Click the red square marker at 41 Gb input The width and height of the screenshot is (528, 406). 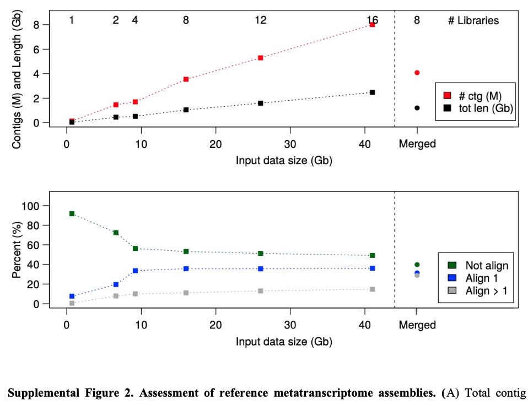coord(373,24)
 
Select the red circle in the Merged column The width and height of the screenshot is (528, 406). coord(417,73)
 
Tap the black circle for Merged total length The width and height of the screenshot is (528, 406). coord(417,108)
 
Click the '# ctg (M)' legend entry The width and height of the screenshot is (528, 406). coord(473,95)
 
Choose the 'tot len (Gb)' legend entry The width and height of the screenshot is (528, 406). coord(473,109)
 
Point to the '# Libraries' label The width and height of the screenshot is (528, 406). coord(473,21)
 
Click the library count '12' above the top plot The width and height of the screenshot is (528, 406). coord(261,20)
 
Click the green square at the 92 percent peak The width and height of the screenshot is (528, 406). coord(72,213)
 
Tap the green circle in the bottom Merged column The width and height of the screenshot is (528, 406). coord(417,265)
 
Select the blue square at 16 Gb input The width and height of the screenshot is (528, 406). coord(186,268)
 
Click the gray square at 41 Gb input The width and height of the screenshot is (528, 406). coord(373,289)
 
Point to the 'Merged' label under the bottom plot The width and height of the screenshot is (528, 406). coord(417,325)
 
